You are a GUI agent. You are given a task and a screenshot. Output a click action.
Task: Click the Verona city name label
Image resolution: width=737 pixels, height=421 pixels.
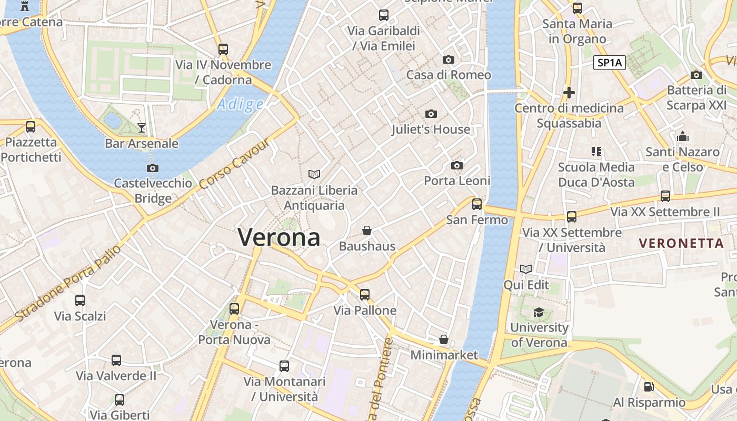point(279,237)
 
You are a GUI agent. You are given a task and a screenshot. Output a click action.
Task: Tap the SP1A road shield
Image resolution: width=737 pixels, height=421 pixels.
point(610,63)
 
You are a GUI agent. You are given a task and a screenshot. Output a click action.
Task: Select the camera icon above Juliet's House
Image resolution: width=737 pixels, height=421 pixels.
point(431,114)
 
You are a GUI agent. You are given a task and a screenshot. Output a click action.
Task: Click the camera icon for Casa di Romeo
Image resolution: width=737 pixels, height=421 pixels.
point(448,59)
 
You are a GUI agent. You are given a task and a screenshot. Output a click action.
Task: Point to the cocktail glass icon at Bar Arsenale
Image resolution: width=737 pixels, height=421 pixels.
point(142,127)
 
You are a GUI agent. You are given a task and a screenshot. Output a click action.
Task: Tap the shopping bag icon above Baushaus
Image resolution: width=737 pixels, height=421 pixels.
point(367,230)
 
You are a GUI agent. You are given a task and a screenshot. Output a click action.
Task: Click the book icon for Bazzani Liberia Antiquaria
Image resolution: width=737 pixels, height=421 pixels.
point(314,174)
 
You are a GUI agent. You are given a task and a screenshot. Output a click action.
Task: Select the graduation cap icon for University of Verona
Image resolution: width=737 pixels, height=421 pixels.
point(539,312)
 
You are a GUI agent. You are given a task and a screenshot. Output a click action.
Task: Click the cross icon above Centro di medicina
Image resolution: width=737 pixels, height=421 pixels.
point(569,93)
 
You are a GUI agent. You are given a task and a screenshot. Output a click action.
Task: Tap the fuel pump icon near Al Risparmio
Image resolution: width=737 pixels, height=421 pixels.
point(649,387)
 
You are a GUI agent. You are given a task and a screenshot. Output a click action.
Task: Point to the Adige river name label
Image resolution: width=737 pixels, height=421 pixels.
point(240,104)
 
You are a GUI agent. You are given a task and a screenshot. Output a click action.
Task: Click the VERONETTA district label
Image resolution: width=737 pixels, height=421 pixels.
point(681,243)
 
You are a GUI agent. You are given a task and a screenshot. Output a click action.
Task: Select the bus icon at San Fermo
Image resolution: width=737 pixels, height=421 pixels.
point(477,204)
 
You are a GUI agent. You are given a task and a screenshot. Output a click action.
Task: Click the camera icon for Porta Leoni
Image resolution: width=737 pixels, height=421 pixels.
point(457,165)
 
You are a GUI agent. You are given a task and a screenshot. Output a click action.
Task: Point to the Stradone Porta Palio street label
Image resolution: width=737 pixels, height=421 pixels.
point(68,283)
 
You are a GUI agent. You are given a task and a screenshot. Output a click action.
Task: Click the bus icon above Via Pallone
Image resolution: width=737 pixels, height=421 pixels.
point(365,294)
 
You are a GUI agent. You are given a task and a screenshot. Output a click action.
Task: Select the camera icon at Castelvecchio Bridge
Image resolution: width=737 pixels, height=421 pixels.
point(153,168)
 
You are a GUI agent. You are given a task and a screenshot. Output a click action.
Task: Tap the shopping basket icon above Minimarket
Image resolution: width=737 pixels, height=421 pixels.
point(444,339)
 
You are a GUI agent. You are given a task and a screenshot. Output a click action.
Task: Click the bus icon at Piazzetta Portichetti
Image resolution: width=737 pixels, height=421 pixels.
point(31,126)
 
